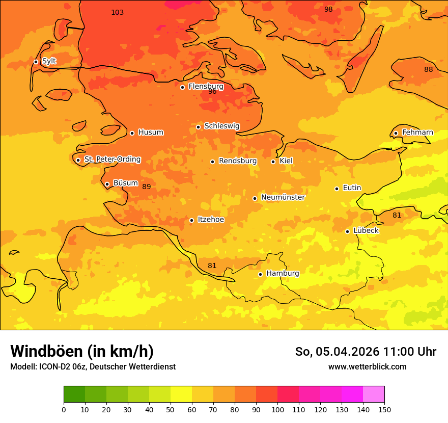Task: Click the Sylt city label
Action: coord(49,61)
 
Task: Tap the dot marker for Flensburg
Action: coord(182,87)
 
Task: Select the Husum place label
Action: coord(151,133)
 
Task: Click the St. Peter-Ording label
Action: coord(112,160)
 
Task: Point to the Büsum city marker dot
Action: coord(107,184)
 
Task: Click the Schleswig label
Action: coord(221,126)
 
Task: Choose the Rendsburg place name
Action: coord(238,161)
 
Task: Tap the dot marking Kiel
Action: coord(273,162)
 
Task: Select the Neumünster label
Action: coord(283,197)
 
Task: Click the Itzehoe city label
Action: coord(211,220)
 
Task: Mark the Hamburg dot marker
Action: coord(260,274)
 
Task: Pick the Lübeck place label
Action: coord(366,230)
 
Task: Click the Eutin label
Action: coord(352,188)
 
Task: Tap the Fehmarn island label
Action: coord(417,133)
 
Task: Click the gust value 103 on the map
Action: coord(117,12)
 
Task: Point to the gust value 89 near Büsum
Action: coord(146,187)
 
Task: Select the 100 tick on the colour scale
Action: coord(277,409)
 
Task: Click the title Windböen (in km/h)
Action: coord(82,351)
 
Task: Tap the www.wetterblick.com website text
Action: coord(367,367)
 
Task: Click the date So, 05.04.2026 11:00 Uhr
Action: coord(366,352)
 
